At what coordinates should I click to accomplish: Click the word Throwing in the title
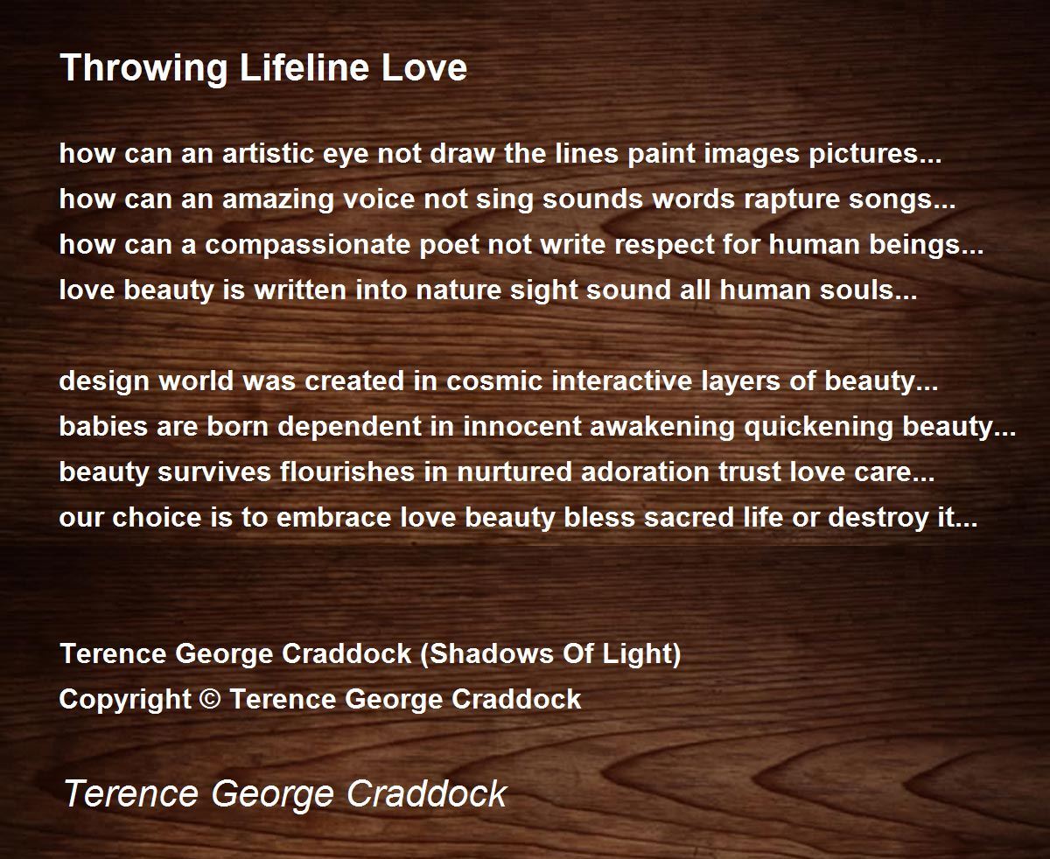point(144,69)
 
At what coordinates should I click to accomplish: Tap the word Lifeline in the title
point(304,67)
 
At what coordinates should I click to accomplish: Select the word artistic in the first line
point(269,153)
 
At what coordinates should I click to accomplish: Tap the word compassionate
point(308,246)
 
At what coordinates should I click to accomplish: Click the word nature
point(458,291)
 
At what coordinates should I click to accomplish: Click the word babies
point(103,427)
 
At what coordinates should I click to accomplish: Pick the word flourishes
point(347,472)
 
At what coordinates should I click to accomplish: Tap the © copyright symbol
point(210,700)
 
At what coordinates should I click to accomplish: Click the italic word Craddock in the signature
point(427,793)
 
